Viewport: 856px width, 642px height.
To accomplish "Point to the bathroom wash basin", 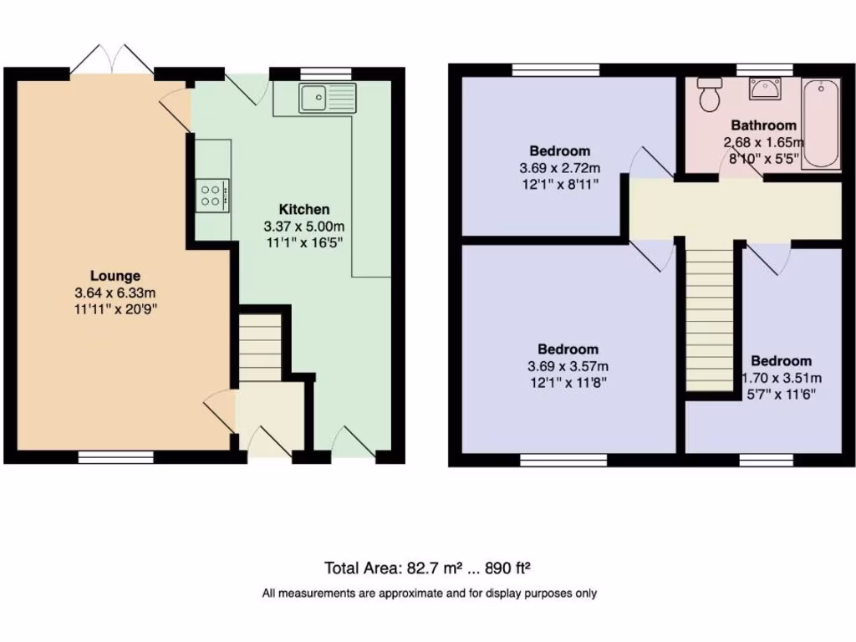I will [x=765, y=88].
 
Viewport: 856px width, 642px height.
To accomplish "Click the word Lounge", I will [x=115, y=276].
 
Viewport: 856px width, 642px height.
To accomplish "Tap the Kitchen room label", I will [x=303, y=209].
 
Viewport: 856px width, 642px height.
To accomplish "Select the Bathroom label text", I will [x=763, y=125].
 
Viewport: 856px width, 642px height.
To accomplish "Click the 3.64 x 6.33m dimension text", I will [x=115, y=293].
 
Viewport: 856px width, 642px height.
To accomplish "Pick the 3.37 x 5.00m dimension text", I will [x=303, y=226].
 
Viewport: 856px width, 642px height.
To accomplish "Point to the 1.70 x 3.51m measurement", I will [x=782, y=377].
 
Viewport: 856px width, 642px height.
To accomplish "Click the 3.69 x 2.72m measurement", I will [x=559, y=168].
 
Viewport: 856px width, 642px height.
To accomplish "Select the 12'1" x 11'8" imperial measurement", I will [x=568, y=383].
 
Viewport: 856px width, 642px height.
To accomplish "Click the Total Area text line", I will [x=428, y=568].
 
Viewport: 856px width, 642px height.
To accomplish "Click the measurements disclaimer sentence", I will [x=429, y=594].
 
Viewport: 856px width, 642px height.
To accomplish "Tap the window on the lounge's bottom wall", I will [x=116, y=456].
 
